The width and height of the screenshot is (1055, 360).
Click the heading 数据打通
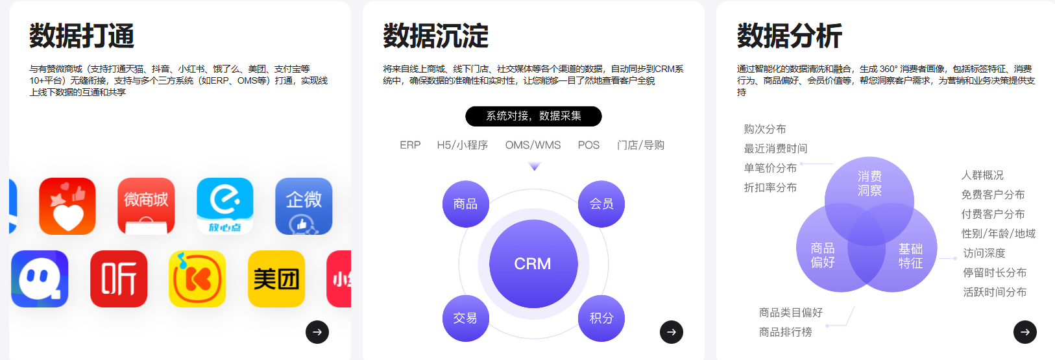[82, 36]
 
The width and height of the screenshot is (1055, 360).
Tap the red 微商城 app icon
[146, 206]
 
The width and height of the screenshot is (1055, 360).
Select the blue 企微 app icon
[304, 206]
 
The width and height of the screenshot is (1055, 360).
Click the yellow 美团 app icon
[276, 279]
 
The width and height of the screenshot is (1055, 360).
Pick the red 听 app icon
[119, 279]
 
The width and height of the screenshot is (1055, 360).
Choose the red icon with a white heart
[67, 206]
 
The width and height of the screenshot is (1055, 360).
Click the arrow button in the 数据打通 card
[317, 332]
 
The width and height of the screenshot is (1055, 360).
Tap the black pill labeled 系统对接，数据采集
[533, 116]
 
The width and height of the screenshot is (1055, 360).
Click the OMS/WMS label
[533, 145]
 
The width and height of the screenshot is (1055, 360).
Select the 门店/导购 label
[640, 145]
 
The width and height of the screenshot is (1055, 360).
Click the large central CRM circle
[533, 264]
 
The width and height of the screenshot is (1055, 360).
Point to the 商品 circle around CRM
[465, 204]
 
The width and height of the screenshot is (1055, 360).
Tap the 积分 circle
[601, 318]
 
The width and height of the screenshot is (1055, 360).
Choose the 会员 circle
[601, 204]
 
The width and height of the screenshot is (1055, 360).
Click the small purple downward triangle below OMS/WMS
[535, 167]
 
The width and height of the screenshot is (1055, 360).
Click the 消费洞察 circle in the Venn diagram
[869, 184]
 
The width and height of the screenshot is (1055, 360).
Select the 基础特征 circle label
[910, 256]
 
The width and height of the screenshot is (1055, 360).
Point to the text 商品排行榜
[785, 332]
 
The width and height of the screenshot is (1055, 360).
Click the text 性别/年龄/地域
[998, 234]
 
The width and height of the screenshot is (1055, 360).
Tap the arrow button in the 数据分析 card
[1025, 332]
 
